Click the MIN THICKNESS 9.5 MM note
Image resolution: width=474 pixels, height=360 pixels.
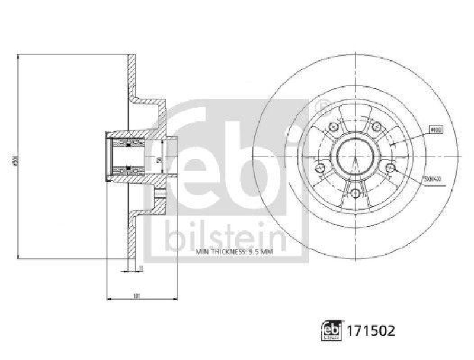[233, 251]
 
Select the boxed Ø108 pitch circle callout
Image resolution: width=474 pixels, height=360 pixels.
[435, 128]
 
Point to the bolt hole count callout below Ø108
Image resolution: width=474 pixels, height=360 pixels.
[435, 177]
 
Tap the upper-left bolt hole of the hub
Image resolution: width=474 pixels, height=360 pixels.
[332, 127]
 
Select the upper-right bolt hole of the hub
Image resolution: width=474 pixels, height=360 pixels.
[376, 127]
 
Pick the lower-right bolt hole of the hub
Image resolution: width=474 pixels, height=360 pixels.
[389, 169]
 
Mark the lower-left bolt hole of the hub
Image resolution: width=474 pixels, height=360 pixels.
[319, 169]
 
